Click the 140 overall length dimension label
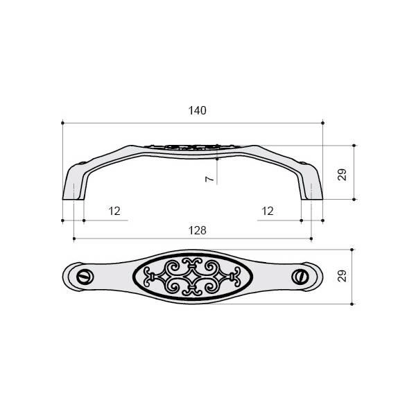click(197, 111)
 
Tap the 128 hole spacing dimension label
click(197, 231)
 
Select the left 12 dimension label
click(114, 211)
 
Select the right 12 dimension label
click(268, 211)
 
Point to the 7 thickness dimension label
click(209, 179)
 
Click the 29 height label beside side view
click(343, 175)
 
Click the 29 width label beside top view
click(343, 276)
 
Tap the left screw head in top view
click(85, 277)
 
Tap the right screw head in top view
click(300, 277)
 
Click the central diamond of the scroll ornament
click(193, 277)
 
